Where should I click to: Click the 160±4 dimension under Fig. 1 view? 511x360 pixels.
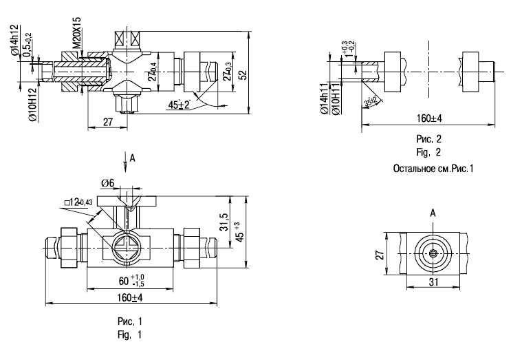tap(129, 297)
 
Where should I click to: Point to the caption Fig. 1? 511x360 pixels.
tap(130, 335)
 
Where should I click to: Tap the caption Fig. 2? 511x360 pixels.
tap(428, 152)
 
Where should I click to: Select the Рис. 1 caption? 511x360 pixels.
tap(130, 321)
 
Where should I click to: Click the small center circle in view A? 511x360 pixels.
tap(433, 253)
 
